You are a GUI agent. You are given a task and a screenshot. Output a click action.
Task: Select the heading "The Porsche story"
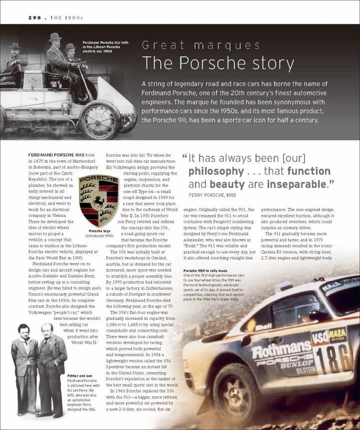(217, 63)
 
